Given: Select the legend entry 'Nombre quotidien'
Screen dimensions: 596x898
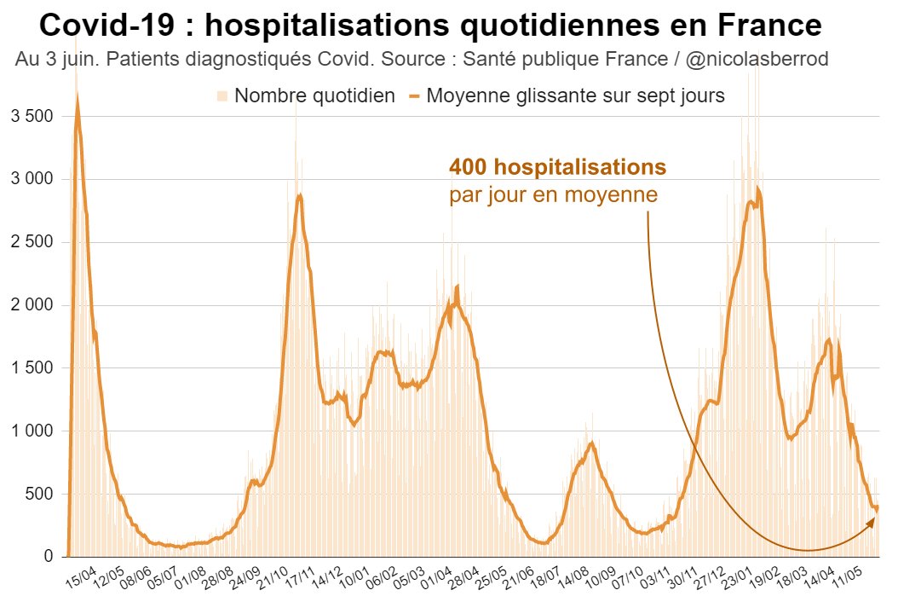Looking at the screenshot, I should [314, 95].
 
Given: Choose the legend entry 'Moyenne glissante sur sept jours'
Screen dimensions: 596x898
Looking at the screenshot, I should [575, 95].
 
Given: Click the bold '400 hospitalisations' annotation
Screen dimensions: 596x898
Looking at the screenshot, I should [557, 166].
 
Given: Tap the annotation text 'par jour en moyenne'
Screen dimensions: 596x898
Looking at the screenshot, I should [553, 194].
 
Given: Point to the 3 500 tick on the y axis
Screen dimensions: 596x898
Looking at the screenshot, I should [31, 116].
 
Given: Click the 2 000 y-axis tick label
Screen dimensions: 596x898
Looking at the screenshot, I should [31, 305].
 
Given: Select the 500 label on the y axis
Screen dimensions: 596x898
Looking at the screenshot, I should [40, 495].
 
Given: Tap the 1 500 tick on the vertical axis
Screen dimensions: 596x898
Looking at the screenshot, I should [31, 368].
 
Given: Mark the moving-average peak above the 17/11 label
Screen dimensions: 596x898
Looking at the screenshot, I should [299, 195].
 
